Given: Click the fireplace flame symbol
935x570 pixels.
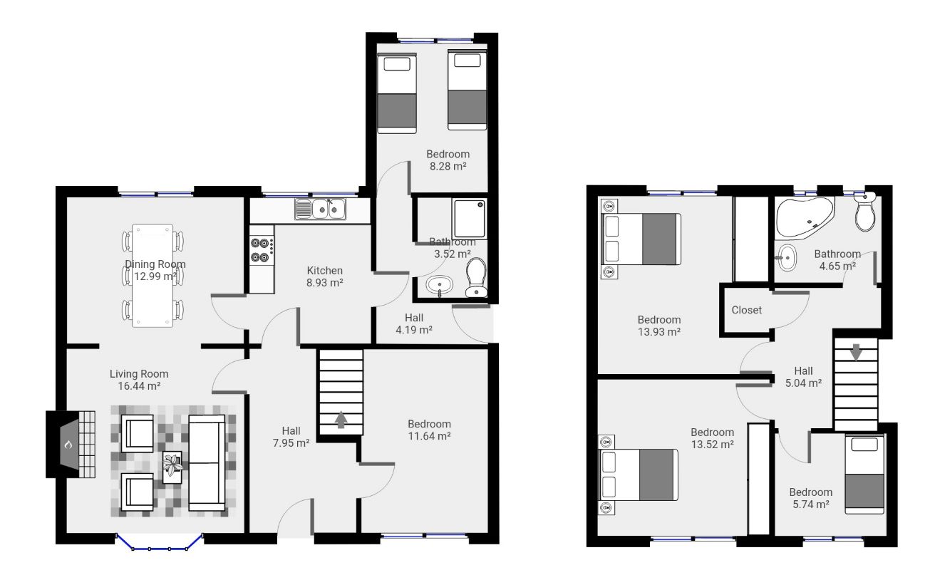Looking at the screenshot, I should pos(68,445).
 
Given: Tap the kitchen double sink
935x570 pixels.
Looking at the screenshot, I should pos(321,209).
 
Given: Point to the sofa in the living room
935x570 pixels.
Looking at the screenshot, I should pos(207,462).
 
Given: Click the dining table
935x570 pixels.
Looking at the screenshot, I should pos(153,276).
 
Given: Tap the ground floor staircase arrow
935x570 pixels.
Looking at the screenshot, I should pos(341,420).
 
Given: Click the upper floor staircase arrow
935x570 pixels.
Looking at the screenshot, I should pos(856,352).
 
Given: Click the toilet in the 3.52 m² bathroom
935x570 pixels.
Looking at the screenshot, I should pos(475,277).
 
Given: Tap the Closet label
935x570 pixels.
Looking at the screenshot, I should pos(746,310).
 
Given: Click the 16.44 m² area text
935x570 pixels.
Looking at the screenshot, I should pos(139,386).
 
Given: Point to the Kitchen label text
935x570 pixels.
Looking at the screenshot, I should pos(325,271).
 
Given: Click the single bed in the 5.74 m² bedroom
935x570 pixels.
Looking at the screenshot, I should pos(864,474).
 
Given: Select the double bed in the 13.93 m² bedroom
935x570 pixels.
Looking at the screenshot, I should pos(641,239).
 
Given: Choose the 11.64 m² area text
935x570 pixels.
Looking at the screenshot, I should pos(430,436).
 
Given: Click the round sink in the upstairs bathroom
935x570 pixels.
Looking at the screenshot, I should pos(787,258).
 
